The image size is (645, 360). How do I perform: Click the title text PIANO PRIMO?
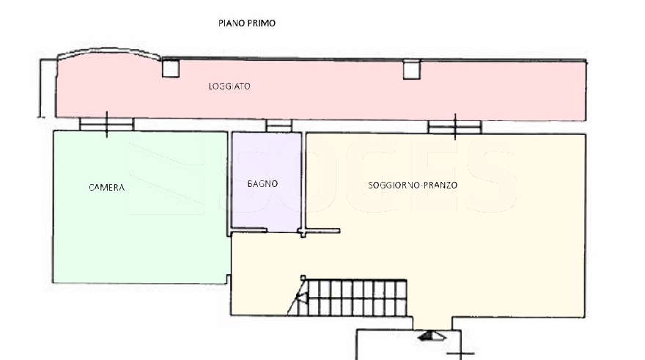[247, 23]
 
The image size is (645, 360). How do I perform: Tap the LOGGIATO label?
[229, 87]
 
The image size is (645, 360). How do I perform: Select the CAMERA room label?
[106, 188]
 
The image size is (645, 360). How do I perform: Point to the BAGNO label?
[262, 184]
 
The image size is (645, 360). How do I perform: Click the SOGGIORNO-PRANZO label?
[413, 185]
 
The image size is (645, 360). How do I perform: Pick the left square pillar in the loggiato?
[170, 69]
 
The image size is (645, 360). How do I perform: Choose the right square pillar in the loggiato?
[411, 70]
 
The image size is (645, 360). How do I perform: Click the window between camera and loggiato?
[106, 124]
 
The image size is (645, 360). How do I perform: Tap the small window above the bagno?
[279, 125]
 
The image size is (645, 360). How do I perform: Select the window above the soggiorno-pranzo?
[454, 127]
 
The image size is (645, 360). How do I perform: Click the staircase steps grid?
[357, 298]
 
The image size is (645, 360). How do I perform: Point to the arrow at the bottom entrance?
[432, 336]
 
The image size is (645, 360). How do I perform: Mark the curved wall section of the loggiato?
[109, 52]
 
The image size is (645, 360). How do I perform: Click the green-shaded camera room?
[140, 207]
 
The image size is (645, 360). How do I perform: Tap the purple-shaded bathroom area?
[266, 181]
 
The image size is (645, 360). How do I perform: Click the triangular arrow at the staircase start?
[302, 298]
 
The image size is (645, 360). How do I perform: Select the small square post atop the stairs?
[303, 278]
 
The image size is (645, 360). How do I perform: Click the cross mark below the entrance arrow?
[461, 353]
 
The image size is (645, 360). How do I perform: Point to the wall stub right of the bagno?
[321, 231]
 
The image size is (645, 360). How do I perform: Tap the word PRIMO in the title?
[261, 23]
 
